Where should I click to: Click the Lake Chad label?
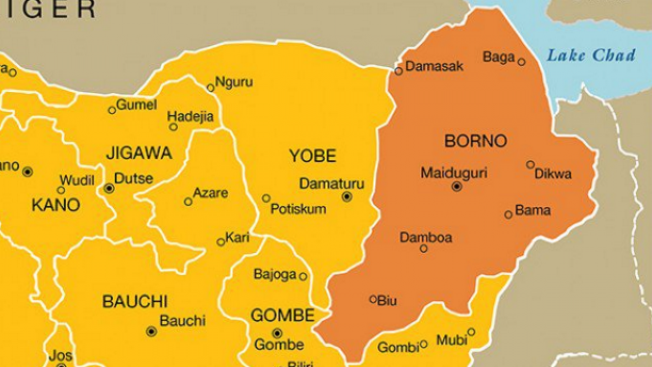(591, 55)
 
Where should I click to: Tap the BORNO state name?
(476, 141)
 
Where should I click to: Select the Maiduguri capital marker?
(457, 187)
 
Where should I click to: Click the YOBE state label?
(312, 156)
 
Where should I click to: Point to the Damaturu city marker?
(347, 197)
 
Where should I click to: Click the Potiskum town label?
(298, 208)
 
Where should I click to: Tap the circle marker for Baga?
(522, 62)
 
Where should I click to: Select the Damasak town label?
(434, 66)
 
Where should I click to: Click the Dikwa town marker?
(530, 165)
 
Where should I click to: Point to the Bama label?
(533, 210)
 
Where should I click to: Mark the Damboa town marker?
(423, 249)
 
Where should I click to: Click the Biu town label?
(387, 300)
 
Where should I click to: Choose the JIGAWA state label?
(139, 153)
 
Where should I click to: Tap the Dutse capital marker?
(109, 189)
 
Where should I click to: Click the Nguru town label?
(234, 82)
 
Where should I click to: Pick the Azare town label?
(210, 194)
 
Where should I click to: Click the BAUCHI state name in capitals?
(135, 301)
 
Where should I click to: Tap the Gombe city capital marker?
(277, 333)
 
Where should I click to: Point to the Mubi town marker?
(471, 332)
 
